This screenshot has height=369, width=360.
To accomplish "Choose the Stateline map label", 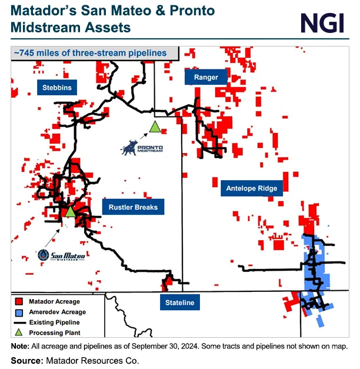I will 180,303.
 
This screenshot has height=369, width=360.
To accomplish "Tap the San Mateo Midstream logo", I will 61,255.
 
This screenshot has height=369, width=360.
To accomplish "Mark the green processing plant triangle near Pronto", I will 155,127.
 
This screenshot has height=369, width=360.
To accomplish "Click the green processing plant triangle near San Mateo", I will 70,212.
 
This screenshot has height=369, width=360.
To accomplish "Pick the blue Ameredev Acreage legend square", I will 18,312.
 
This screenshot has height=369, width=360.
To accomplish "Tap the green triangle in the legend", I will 18,333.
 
